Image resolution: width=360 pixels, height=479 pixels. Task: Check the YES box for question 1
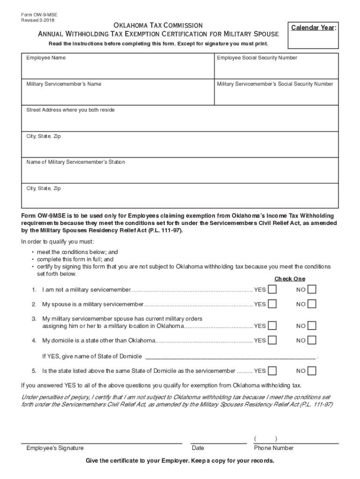tap(272, 290)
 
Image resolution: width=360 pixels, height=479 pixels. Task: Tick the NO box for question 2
tap(312, 304)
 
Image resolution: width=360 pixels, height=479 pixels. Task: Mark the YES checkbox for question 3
tap(272, 326)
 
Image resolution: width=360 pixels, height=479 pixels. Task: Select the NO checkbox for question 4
tap(312, 340)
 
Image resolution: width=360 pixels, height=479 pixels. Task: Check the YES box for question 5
tap(272, 371)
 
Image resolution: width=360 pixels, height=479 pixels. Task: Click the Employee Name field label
tap(46, 58)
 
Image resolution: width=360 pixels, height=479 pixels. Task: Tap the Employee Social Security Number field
tap(276, 68)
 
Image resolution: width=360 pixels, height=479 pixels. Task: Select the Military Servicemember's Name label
tap(64, 84)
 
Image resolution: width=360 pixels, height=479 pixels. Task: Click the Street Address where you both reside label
tap(70, 110)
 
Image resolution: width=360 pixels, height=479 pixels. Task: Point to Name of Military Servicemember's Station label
tap(75, 162)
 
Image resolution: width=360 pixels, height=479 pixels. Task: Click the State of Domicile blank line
tap(231, 356)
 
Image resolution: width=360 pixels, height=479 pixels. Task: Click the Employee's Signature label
tap(55, 448)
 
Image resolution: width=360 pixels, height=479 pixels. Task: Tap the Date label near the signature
tap(198, 448)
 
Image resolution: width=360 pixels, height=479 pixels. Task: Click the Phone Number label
tap(274, 448)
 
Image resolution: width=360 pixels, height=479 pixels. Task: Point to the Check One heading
tap(289, 279)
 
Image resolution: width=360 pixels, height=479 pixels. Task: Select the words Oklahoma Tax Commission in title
tap(158, 25)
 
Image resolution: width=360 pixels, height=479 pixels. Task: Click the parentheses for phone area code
tap(266, 439)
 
